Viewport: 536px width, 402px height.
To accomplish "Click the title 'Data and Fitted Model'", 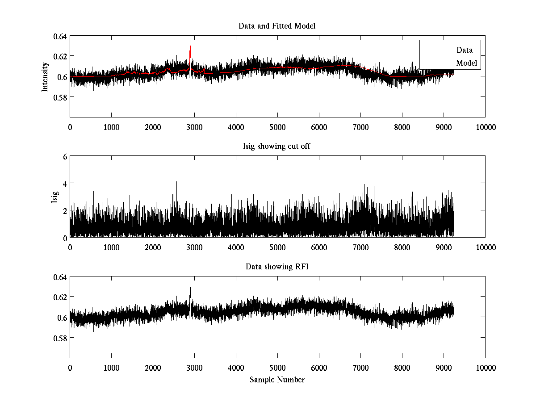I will tap(277, 26).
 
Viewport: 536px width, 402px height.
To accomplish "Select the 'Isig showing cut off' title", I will tap(277, 147).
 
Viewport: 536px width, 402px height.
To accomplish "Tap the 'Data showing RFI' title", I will tap(277, 267).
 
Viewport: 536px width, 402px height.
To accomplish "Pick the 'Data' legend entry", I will tap(464, 50).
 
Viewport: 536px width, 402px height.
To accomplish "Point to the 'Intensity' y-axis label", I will tap(45, 76).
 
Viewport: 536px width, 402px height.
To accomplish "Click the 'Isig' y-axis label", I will tap(55, 197).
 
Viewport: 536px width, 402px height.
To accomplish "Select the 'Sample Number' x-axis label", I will tap(277, 380).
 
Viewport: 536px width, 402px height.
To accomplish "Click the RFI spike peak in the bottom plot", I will tap(190, 282).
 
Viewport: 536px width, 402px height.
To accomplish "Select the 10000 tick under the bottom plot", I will tap(485, 368).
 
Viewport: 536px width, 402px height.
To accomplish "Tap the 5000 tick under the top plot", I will tap(277, 127).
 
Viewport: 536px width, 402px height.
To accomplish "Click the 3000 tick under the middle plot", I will tap(194, 247).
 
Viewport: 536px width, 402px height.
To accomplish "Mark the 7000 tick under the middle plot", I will tap(360, 247).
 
